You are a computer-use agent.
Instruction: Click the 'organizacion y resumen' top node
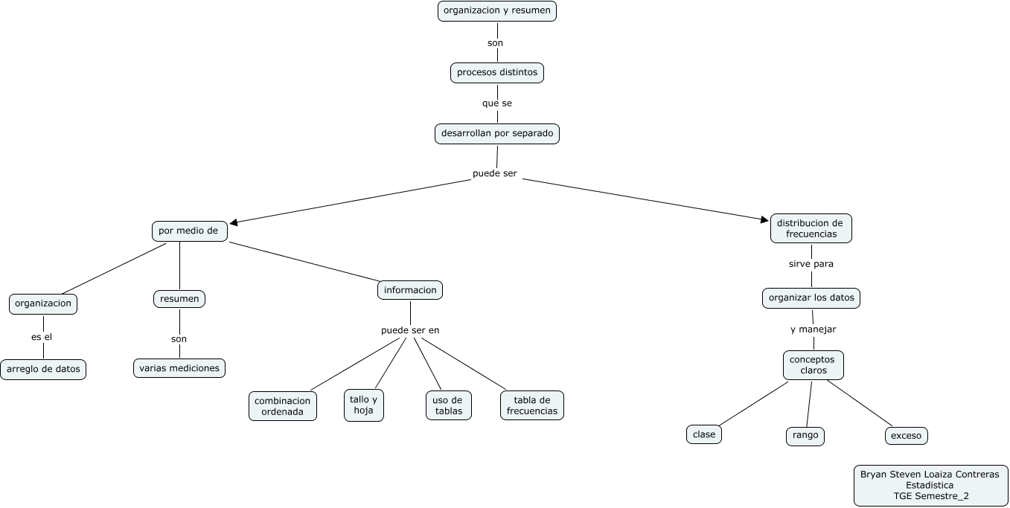pyautogui.click(x=496, y=11)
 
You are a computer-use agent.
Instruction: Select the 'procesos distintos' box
pyautogui.click(x=497, y=73)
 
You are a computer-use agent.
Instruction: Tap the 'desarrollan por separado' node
pyautogui.click(x=497, y=134)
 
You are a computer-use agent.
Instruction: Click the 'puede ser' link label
pyautogui.click(x=494, y=174)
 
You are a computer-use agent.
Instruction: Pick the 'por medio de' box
pyautogui.click(x=189, y=231)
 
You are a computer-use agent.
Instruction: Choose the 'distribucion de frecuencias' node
pyautogui.click(x=811, y=228)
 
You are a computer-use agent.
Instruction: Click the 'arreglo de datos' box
pyautogui.click(x=43, y=369)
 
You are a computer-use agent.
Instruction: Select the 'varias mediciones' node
pyautogui.click(x=179, y=368)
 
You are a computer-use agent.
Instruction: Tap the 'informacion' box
pyautogui.click(x=410, y=290)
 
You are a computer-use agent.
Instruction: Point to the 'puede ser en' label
pyautogui.click(x=410, y=330)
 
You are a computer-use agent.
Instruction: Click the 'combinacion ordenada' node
pyautogui.click(x=282, y=406)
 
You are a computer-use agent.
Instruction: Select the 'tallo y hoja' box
pyautogui.click(x=364, y=405)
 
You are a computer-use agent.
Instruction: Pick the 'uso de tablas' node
pyautogui.click(x=449, y=405)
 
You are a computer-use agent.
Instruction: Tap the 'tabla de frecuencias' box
pyautogui.click(x=532, y=405)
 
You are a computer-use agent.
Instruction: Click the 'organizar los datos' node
pyautogui.click(x=811, y=298)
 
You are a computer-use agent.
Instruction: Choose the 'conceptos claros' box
pyautogui.click(x=813, y=365)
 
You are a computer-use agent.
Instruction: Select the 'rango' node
pyautogui.click(x=805, y=436)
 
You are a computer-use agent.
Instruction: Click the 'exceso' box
pyautogui.click(x=906, y=436)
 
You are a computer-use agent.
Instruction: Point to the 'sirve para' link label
pyautogui.click(x=811, y=264)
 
